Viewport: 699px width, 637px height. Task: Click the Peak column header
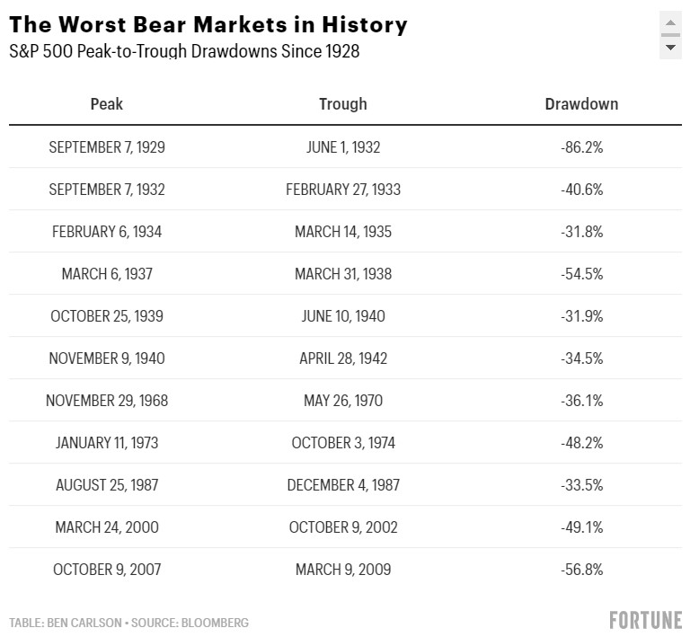coord(107,103)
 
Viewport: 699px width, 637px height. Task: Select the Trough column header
coord(343,103)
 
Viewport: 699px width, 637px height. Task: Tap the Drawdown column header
coord(581,103)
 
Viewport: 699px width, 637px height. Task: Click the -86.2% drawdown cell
coord(581,147)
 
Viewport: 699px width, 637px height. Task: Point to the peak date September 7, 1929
coord(107,147)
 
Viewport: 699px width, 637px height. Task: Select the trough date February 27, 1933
coord(343,190)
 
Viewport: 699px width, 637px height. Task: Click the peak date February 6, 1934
coord(107,232)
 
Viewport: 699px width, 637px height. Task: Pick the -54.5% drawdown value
coord(581,274)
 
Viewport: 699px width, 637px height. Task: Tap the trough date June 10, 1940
coord(343,316)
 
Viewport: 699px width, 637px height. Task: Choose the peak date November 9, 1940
coord(107,358)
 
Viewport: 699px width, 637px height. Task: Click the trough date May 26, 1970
coord(343,401)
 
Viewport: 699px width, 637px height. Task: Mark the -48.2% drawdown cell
coord(581,443)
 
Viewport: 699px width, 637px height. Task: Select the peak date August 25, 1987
coord(107,485)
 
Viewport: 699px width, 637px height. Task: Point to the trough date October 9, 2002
coord(343,527)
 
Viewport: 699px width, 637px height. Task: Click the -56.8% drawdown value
coord(581,570)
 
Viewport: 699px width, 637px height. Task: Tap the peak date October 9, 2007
coord(107,570)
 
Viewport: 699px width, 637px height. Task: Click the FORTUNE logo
coord(645,620)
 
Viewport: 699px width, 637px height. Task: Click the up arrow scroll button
coord(670,22)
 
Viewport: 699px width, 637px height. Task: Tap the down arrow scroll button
coord(670,47)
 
